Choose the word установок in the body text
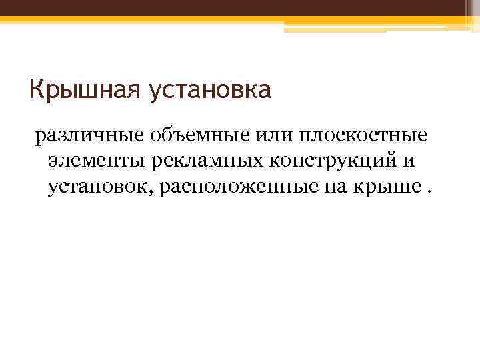click(x=100, y=188)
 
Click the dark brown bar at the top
click(x=240, y=8)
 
